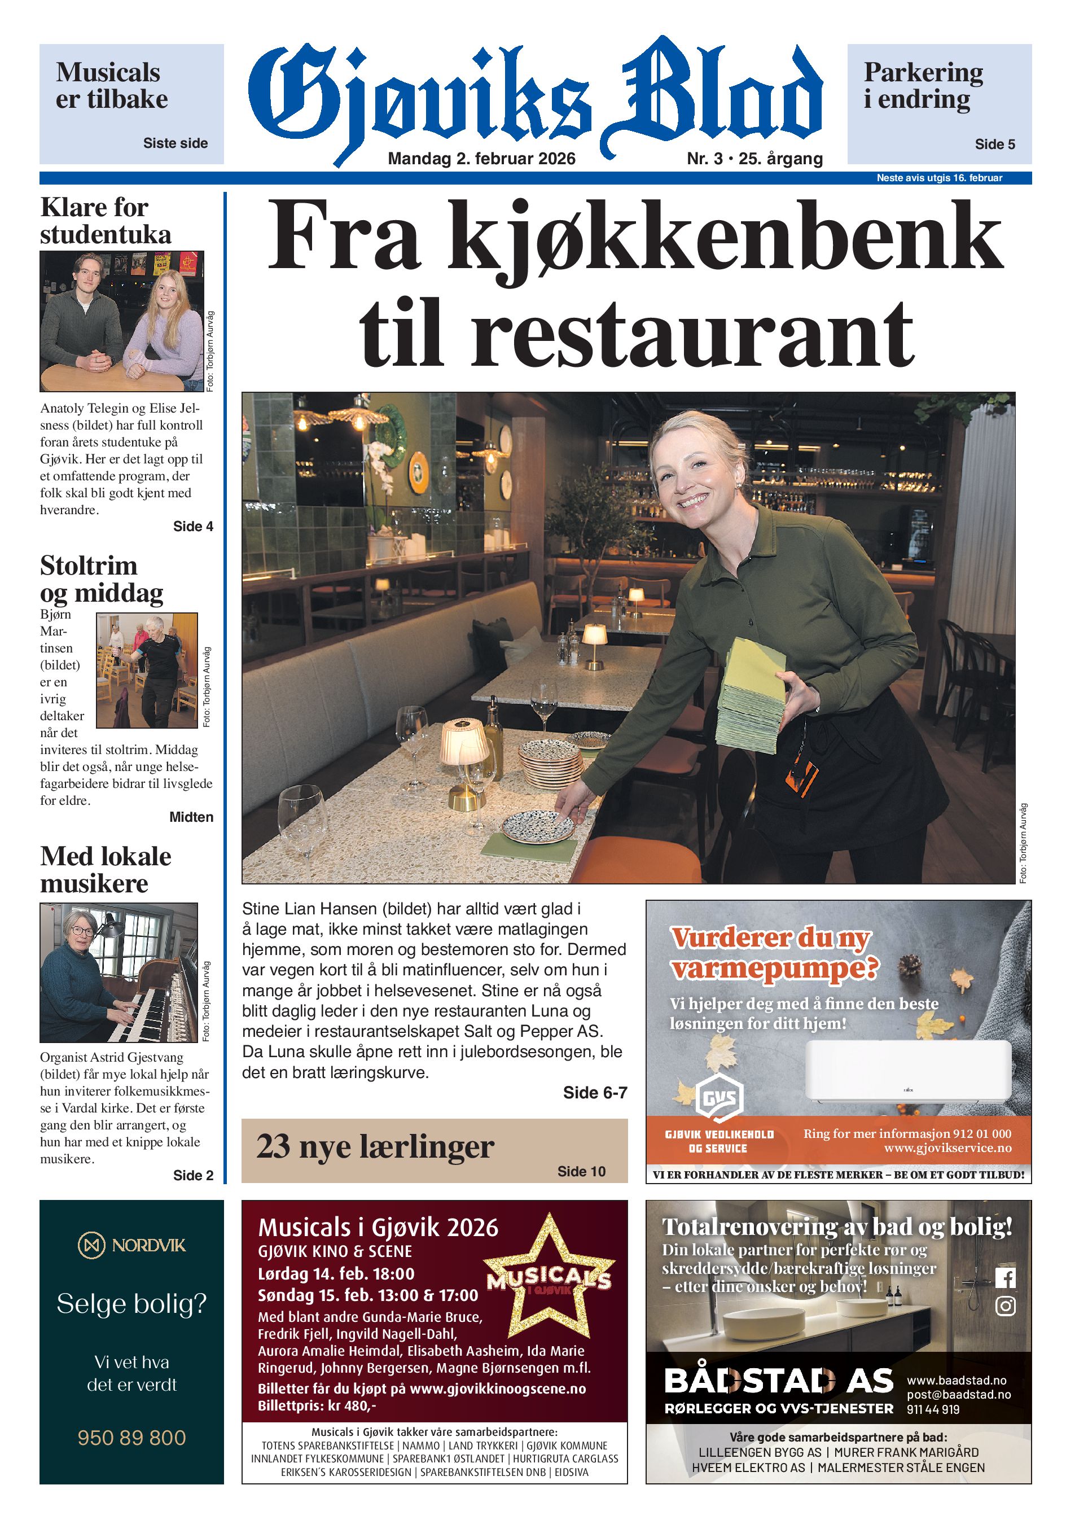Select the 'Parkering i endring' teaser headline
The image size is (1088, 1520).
[x=923, y=85]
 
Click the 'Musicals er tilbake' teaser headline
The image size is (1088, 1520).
[x=111, y=85]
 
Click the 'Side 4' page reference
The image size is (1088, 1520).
[x=193, y=526]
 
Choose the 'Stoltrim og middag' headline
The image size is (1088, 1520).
[x=101, y=579]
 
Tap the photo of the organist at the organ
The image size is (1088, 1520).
[x=119, y=972]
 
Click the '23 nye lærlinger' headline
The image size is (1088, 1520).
[x=375, y=1146]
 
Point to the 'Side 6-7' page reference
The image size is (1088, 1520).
[x=594, y=1093]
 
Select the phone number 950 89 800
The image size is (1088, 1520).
[x=131, y=1437]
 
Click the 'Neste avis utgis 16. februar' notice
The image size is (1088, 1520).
[x=938, y=178]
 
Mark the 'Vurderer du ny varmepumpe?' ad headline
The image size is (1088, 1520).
[x=773, y=953]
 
